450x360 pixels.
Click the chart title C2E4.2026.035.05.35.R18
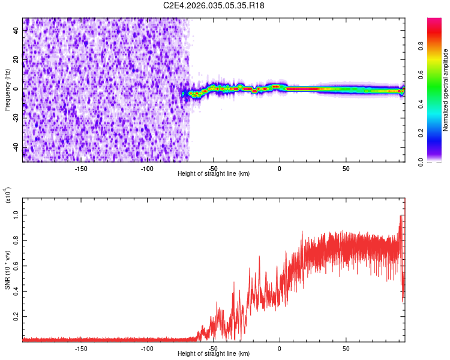(214, 6)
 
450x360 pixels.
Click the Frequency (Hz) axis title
(7, 89)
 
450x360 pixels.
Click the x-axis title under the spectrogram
(214, 173)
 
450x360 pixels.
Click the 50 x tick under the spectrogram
(346, 168)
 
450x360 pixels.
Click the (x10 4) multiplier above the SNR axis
(8, 196)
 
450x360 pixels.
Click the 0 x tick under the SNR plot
(280, 348)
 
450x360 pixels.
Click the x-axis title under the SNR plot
(214, 354)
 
